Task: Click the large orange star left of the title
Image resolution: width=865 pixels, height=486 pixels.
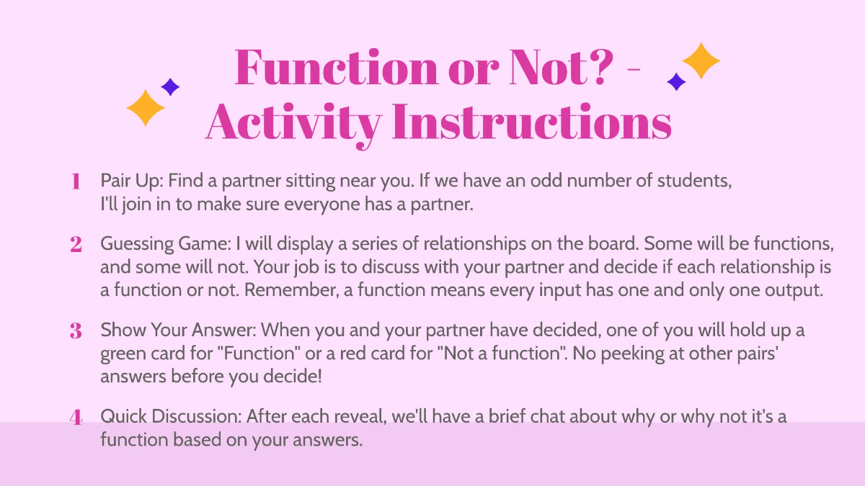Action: coord(146,107)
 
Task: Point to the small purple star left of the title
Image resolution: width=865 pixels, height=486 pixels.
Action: coord(170,87)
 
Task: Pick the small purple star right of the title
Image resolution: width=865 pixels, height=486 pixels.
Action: coord(676,82)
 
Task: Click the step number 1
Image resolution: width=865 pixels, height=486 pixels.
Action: coord(75,181)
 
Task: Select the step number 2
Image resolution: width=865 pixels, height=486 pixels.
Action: coord(75,245)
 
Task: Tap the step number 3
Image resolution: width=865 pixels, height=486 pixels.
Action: coord(75,331)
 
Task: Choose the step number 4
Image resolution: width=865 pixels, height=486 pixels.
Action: coord(75,417)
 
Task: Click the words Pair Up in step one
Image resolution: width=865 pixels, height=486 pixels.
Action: coord(130,181)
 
